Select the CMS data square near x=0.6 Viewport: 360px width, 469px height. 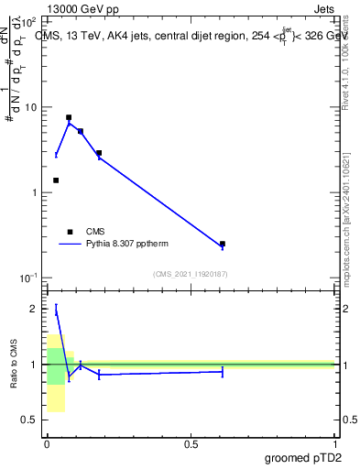click(x=223, y=244)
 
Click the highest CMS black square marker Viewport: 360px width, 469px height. click(x=69, y=117)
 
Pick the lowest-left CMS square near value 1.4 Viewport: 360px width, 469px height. click(x=56, y=180)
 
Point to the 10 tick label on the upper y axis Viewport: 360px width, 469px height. click(x=31, y=107)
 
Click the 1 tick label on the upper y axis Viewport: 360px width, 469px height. click(x=34, y=192)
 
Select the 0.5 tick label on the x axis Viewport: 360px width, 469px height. click(x=191, y=445)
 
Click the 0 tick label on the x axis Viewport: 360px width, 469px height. click(x=47, y=445)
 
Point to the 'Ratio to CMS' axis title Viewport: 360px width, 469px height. click(x=14, y=365)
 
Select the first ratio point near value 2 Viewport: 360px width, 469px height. click(x=56, y=311)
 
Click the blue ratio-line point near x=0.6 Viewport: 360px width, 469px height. click(x=223, y=371)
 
